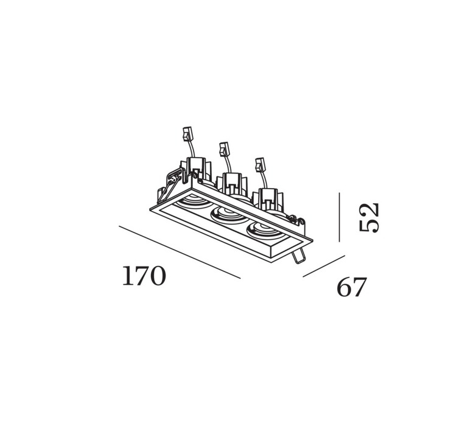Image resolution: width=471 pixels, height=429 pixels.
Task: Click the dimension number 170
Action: coord(144,276)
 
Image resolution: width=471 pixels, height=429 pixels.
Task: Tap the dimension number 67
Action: coord(352,287)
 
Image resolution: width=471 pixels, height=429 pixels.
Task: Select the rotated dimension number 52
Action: coord(369,217)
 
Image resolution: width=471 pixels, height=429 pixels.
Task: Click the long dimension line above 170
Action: coord(180,253)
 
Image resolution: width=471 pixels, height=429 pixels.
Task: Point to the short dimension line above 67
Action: coord(324,266)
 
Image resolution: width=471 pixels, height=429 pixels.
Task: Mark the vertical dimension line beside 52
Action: coord(340,217)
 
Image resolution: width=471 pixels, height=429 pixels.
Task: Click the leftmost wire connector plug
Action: coord(187,134)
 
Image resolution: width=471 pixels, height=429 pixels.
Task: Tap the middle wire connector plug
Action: coord(224,149)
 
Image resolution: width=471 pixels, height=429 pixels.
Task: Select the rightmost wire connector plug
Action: coord(260,165)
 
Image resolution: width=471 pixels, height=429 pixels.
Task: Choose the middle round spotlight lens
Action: coord(229,215)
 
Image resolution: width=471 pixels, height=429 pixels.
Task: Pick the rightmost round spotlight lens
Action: coord(265,230)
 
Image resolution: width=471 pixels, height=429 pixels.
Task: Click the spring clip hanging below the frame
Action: coord(299,256)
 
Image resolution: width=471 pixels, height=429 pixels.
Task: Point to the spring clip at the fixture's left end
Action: coord(170,184)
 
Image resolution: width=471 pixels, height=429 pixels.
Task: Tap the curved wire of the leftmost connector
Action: coord(191,149)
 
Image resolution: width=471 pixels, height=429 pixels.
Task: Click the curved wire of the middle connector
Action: coord(228,164)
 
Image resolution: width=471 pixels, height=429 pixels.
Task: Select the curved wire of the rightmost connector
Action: coord(264,180)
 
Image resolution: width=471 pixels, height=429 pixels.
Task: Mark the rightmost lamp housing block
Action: coord(268,200)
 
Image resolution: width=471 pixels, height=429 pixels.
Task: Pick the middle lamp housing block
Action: coord(232,185)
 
